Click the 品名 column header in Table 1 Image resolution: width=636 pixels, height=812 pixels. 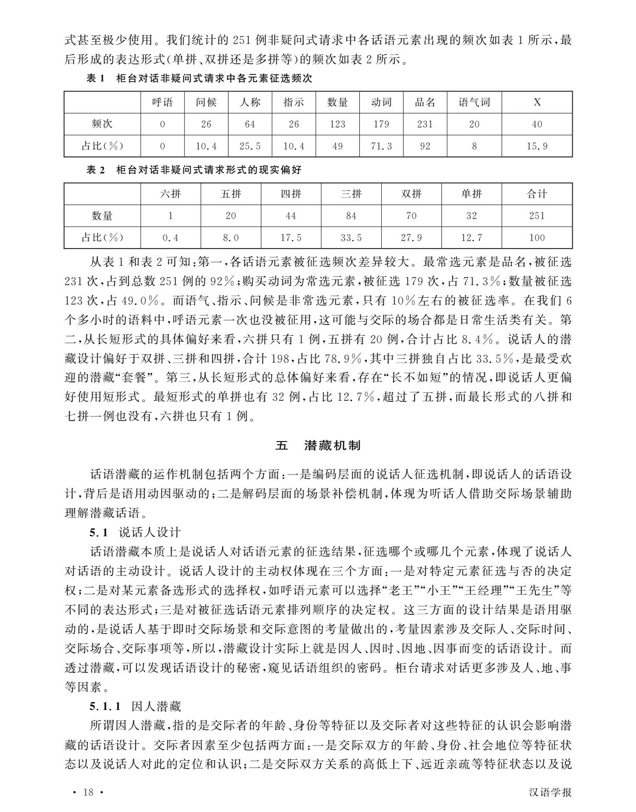tap(425, 103)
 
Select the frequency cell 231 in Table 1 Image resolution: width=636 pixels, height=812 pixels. tap(425, 125)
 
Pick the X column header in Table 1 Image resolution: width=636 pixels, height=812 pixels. tap(537, 103)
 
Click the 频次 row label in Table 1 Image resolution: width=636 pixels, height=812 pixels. tap(102, 125)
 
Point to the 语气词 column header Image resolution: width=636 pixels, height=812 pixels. tap(474, 103)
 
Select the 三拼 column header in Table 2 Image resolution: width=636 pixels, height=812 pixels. tap(351, 194)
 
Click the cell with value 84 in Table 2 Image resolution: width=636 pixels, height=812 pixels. tap(351, 216)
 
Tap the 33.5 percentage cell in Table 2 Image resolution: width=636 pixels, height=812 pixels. tap(351, 238)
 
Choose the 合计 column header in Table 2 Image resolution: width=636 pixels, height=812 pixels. tap(537, 194)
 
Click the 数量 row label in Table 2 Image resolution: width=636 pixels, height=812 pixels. tap(102, 216)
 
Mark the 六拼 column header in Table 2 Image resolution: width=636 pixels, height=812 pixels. tap(171, 194)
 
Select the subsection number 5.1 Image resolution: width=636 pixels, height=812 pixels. tap(98, 533)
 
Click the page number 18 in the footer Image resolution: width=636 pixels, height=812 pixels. tap(87, 792)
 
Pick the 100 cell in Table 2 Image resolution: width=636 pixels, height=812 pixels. tap(537, 238)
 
